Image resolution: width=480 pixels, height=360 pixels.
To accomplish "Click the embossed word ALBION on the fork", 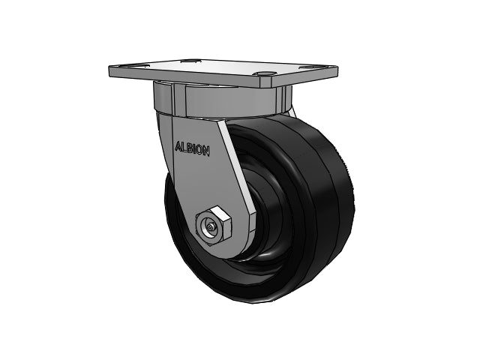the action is [192, 148].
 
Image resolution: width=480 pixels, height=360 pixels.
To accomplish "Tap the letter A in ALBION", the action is [178, 146].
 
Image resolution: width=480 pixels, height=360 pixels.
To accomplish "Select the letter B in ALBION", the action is [189, 148].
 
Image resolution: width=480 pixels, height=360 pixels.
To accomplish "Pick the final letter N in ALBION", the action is [206, 151].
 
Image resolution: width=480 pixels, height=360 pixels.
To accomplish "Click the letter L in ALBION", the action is [183, 147].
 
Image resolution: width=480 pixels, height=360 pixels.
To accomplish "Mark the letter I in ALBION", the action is [193, 148].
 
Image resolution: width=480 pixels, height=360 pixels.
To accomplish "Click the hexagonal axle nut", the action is [214, 226].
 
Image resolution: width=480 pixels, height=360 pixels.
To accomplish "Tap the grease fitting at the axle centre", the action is [210, 228].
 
